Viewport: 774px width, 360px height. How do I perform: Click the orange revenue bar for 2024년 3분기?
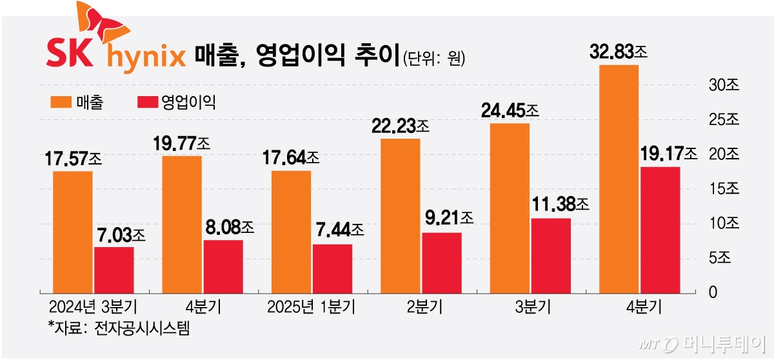click(72, 232)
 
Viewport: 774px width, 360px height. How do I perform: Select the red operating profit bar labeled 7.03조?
click(114, 270)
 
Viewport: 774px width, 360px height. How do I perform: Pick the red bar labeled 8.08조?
click(223, 266)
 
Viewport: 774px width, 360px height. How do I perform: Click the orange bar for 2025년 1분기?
click(291, 232)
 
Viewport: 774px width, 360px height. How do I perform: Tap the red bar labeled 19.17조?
click(660, 230)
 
